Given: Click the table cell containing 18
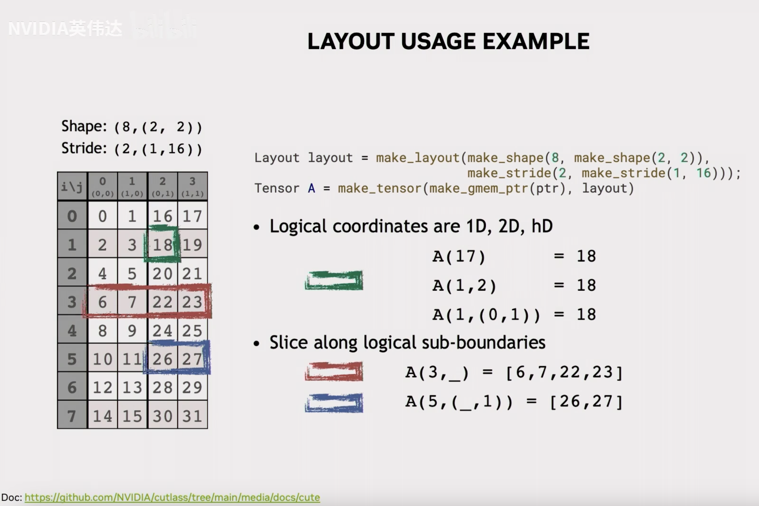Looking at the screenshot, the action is [163, 244].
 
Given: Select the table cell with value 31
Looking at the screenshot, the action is [193, 415].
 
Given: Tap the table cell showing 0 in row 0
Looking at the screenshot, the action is [103, 216].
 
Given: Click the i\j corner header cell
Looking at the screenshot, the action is [72, 186].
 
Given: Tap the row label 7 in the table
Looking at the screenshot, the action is [72, 415].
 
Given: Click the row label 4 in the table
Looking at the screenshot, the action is [72, 330].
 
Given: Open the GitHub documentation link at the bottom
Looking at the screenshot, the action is [172, 497].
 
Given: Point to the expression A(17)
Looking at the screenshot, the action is [459, 256].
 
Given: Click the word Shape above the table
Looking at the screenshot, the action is [84, 126].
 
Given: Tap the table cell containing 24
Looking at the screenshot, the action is [163, 330].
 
